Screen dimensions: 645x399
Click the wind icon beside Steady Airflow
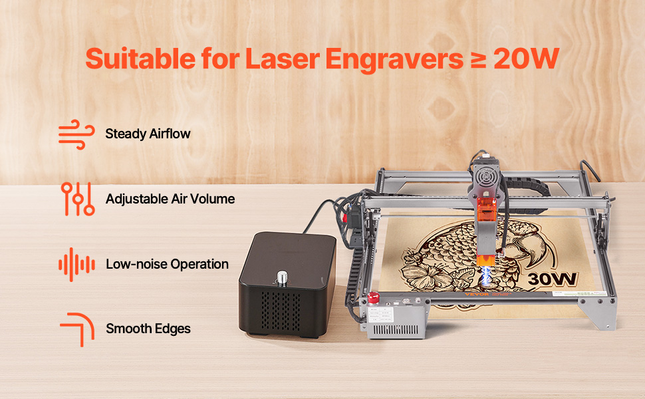[76, 134]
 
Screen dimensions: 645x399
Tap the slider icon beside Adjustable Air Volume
[78, 199]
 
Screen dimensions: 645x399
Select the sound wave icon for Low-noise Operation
[76, 265]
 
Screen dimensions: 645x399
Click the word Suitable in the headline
[140, 59]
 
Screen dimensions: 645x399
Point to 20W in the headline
[526, 59]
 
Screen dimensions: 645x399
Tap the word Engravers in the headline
[394, 60]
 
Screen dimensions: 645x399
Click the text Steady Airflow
[148, 134]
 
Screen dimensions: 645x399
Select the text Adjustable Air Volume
[170, 199]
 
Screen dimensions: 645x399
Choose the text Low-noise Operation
[167, 264]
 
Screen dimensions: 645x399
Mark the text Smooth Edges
[148, 329]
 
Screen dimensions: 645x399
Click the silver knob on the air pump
[282, 278]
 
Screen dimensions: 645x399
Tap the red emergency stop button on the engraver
[374, 297]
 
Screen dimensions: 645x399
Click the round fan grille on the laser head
[487, 178]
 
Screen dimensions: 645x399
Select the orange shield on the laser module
[487, 211]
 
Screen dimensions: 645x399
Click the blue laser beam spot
[486, 275]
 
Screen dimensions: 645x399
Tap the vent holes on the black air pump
[281, 311]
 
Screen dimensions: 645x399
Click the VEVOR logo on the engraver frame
[477, 294]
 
